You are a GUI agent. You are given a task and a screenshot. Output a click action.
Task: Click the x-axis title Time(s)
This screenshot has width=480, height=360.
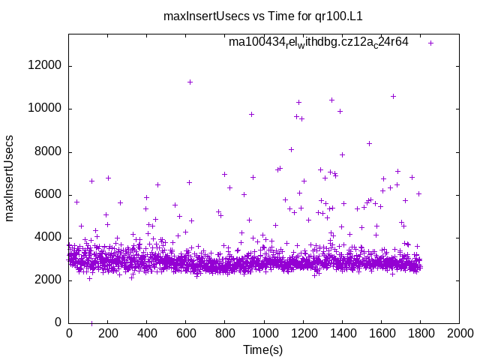(x=263, y=349)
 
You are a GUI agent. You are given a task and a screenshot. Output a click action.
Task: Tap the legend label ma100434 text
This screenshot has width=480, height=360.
(x=319, y=42)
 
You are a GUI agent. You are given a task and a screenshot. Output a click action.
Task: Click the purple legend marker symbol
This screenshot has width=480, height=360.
(x=430, y=43)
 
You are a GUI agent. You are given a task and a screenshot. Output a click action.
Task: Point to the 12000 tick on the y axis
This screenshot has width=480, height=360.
(x=46, y=66)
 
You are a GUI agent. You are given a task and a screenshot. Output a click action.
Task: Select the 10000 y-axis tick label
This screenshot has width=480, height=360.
(x=46, y=109)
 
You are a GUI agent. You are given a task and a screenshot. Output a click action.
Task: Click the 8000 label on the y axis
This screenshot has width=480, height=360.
(x=49, y=152)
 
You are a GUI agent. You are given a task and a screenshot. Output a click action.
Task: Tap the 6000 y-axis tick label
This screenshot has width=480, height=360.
(x=49, y=195)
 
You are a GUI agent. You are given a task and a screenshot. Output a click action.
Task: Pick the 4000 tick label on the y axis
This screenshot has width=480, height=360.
(x=49, y=238)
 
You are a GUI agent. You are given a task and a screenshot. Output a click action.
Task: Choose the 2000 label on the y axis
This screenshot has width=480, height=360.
(x=49, y=280)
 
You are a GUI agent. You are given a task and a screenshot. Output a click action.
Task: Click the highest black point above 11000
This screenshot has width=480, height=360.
(x=190, y=82)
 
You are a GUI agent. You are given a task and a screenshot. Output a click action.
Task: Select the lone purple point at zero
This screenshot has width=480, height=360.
(x=91, y=323)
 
